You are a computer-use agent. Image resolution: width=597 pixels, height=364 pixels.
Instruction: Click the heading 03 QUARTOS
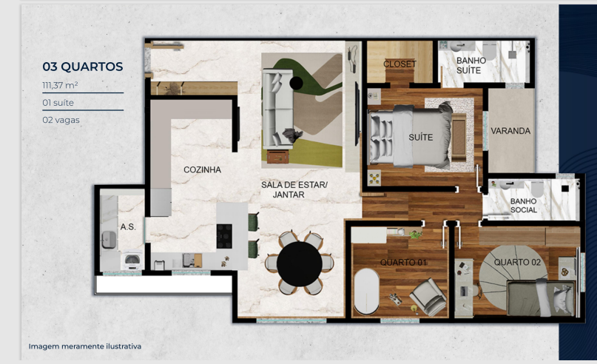pyautogui.click(x=83, y=67)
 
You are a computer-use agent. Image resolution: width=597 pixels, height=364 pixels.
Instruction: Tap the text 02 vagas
pyautogui.click(x=61, y=119)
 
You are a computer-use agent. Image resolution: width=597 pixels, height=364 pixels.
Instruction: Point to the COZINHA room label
pyautogui.click(x=203, y=170)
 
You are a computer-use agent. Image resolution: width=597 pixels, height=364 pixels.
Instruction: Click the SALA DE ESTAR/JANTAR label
pyautogui.click(x=294, y=189)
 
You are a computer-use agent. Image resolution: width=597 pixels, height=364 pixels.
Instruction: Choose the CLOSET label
pyautogui.click(x=399, y=64)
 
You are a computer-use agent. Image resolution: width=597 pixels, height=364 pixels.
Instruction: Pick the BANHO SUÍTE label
pyautogui.click(x=469, y=66)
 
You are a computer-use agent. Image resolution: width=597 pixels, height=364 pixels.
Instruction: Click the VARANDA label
pyautogui.click(x=510, y=132)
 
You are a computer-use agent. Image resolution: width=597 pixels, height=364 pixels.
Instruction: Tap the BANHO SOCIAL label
pyautogui.click(x=524, y=206)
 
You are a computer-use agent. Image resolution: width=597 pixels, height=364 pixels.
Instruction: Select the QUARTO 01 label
pyautogui.click(x=402, y=263)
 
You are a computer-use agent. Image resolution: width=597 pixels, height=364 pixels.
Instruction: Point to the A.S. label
pyautogui.click(x=128, y=226)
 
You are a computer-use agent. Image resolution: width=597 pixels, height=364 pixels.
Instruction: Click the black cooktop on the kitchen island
pyautogui.click(x=224, y=235)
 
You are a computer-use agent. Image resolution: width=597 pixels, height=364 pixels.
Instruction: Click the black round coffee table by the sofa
pyautogui.click(x=297, y=82)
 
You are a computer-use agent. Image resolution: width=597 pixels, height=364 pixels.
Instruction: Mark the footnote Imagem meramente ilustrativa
pyautogui.click(x=85, y=346)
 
